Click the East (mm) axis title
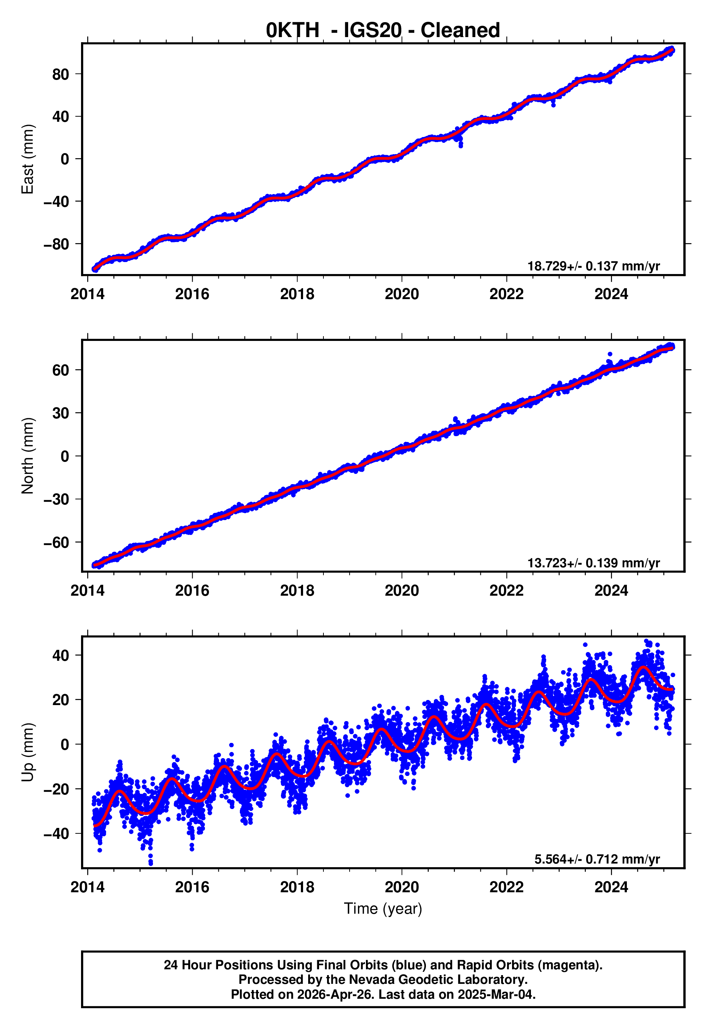click(x=28, y=159)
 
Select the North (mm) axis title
click(x=28, y=456)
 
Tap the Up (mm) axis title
click(x=28, y=752)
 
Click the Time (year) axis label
click(x=383, y=909)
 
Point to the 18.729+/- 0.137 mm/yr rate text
click(x=593, y=266)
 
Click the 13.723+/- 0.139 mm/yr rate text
click(x=593, y=563)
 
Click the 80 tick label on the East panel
click(x=60, y=74)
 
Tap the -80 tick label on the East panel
click(x=56, y=244)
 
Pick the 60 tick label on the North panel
click(x=60, y=370)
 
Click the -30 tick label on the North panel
click(x=56, y=499)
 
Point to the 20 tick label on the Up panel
click(x=60, y=700)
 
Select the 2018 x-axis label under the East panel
click(x=297, y=294)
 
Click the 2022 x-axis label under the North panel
click(x=506, y=591)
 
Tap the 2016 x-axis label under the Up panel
click(x=192, y=887)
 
